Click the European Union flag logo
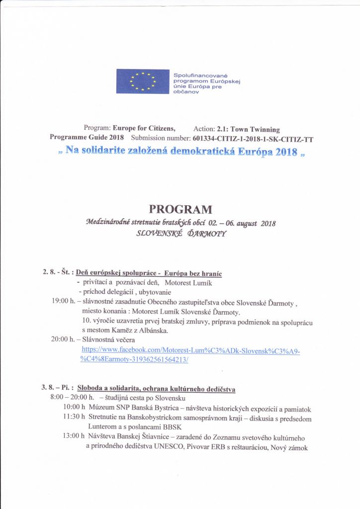coord(143,81)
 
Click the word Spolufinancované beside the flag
coord(196,75)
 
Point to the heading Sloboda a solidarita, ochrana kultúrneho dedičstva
coord(157,388)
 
